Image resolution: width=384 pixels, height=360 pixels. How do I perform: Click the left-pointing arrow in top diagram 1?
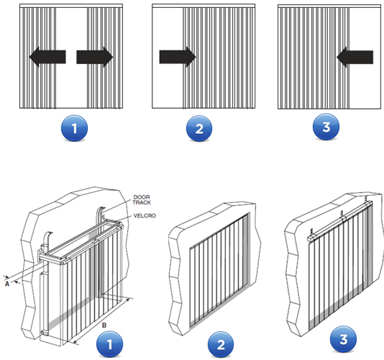pyautogui.click(x=47, y=57)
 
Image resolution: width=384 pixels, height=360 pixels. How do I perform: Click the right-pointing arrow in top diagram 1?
pyautogui.click(x=95, y=57)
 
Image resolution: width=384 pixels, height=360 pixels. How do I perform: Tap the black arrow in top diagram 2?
pyautogui.click(x=178, y=57)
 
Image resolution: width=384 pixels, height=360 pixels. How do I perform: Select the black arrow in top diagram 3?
pyautogui.click(x=355, y=57)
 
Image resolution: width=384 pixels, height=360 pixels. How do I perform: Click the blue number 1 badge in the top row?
pyautogui.click(x=74, y=128)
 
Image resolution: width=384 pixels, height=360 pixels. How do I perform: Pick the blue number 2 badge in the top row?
pyautogui.click(x=199, y=128)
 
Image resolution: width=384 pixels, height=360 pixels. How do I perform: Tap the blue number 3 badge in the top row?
pyautogui.click(x=326, y=127)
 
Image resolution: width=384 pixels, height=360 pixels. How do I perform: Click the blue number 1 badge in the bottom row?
pyautogui.click(x=109, y=344)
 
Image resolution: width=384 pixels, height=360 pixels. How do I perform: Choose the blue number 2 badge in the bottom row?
pyautogui.click(x=221, y=344)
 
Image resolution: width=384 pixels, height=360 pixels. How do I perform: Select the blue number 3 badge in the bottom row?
pyautogui.click(x=343, y=339)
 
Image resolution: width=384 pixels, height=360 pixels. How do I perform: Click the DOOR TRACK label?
pyautogui.click(x=142, y=200)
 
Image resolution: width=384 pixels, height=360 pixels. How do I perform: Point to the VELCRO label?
pyautogui.click(x=145, y=216)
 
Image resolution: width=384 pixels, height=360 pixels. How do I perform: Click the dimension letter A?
pyautogui.click(x=7, y=284)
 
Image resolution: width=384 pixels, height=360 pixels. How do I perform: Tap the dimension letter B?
pyautogui.click(x=104, y=325)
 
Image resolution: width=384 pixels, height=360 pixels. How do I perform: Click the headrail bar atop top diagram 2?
pyautogui.click(x=204, y=6)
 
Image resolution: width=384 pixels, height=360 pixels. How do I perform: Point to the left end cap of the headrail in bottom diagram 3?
pyautogui.click(x=310, y=238)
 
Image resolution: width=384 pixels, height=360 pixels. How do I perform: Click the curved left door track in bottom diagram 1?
pyautogui.click(x=47, y=246)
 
